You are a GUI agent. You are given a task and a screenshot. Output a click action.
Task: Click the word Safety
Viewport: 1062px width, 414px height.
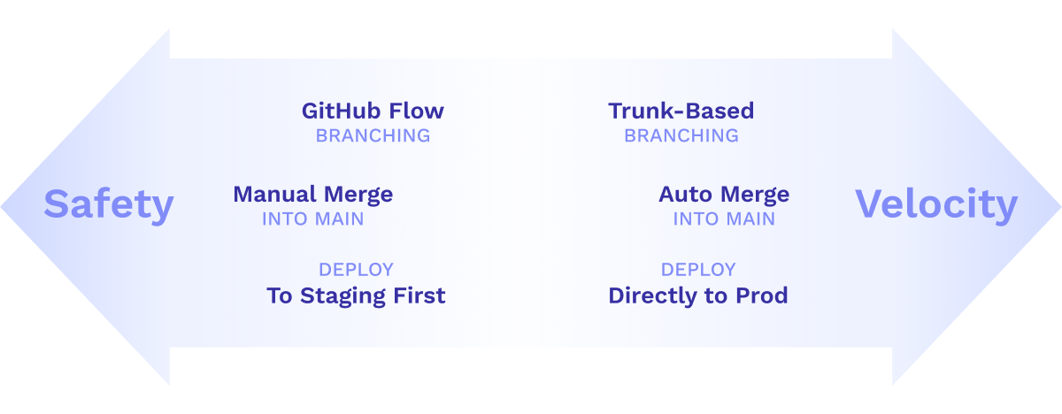(x=109, y=204)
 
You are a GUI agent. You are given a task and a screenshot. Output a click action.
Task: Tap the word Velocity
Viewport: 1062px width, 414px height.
(x=936, y=204)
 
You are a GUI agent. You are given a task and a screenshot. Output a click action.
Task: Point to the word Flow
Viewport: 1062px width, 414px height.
(x=416, y=111)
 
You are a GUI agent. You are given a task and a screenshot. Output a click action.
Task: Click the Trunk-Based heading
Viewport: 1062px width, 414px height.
(x=681, y=111)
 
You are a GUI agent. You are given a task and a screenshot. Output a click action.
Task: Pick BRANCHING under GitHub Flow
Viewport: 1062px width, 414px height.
(x=373, y=136)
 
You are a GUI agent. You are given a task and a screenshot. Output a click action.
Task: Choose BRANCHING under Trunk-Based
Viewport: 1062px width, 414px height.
(x=681, y=136)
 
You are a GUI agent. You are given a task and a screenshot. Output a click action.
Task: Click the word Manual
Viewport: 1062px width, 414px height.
(x=274, y=195)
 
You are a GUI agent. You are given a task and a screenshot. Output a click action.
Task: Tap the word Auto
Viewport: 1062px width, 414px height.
(x=686, y=195)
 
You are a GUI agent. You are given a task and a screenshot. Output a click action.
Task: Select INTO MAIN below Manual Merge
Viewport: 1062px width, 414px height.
(x=313, y=219)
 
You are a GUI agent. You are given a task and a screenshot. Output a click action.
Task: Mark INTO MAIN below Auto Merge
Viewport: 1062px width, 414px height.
(x=724, y=219)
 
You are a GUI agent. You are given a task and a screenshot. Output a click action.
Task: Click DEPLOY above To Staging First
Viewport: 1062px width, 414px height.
(x=356, y=270)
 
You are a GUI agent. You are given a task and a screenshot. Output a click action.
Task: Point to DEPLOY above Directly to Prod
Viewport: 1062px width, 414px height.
(x=698, y=270)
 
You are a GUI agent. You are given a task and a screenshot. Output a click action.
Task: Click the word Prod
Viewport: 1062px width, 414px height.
(x=762, y=295)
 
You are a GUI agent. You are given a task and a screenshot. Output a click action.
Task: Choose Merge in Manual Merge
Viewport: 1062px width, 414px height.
(x=358, y=195)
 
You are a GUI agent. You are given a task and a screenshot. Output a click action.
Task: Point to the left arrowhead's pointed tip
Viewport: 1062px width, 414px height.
(x=1, y=206)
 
